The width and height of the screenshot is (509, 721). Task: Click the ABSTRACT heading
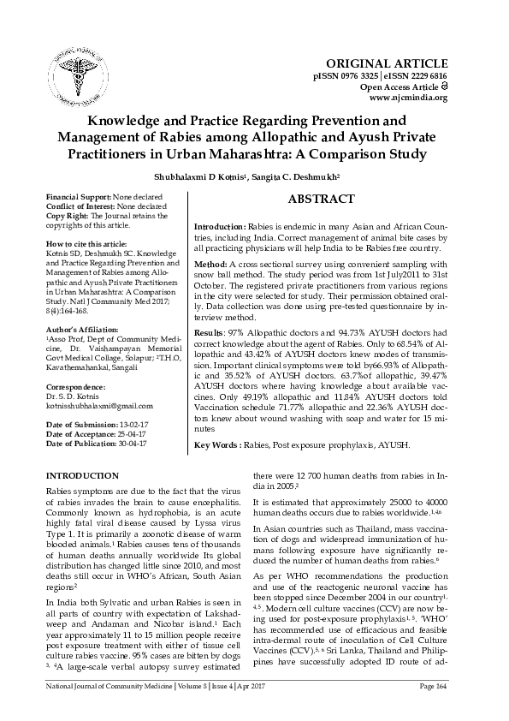coord(321,200)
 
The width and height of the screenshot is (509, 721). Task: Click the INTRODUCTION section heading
coord(82,475)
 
